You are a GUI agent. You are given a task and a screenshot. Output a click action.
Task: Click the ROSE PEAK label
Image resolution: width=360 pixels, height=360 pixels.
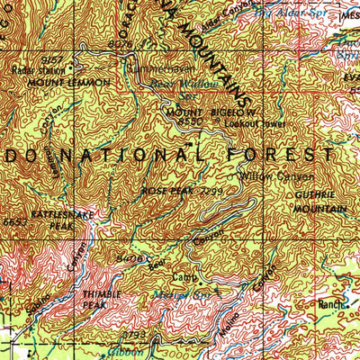(x=161, y=191)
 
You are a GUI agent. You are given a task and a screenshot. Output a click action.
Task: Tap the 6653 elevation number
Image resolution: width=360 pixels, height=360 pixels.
(x=13, y=220)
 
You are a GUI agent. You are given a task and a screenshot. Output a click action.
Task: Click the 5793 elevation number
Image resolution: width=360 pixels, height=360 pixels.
(x=134, y=336)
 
